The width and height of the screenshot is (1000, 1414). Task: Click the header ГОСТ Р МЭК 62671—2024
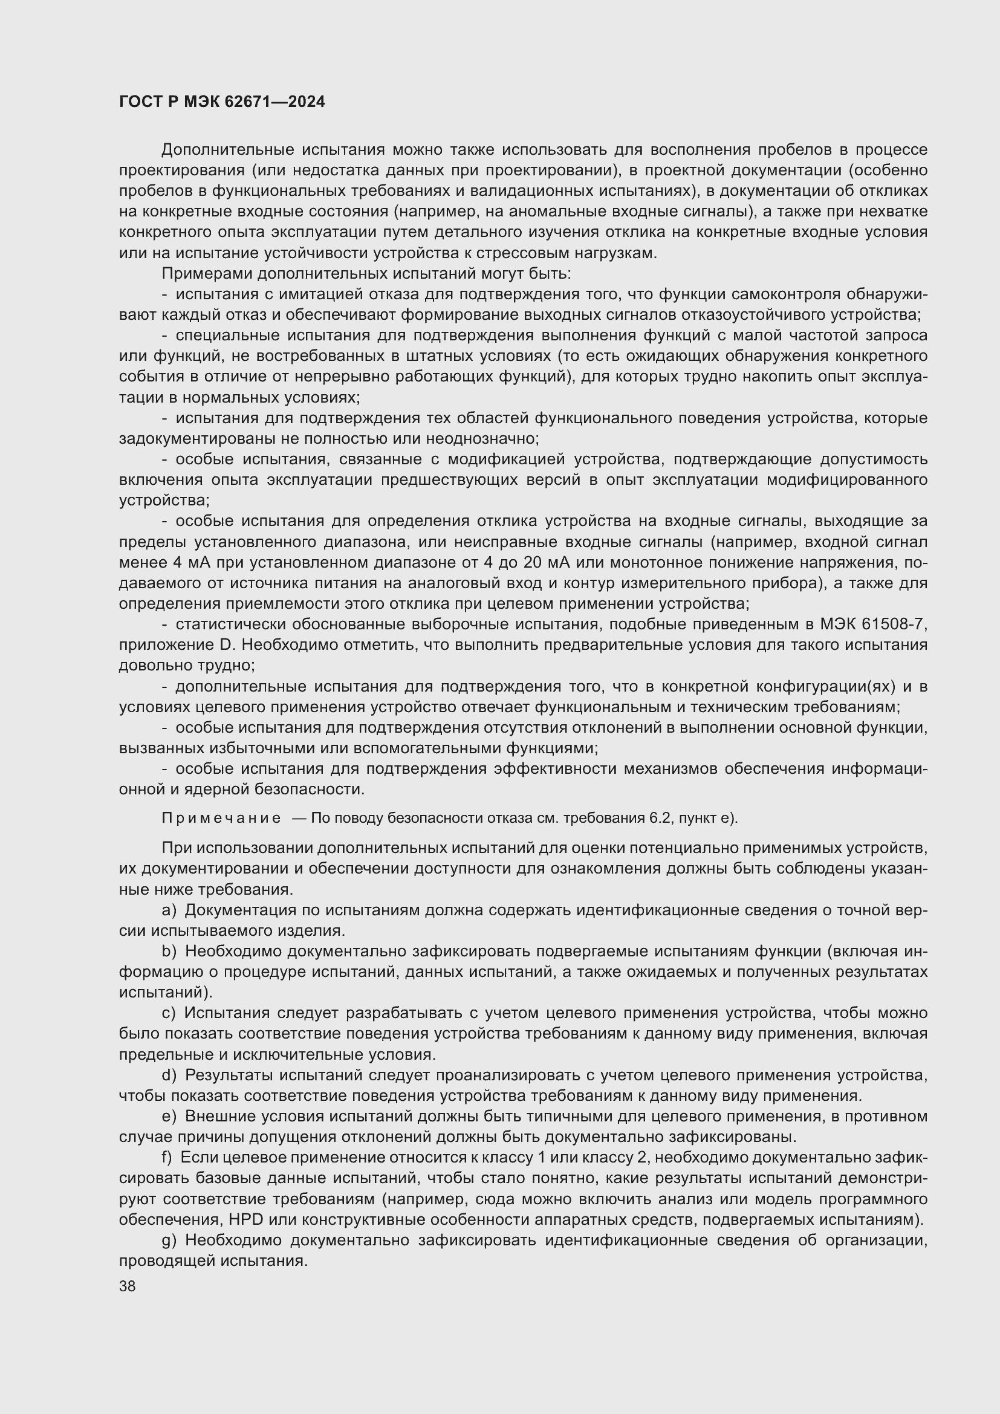(222, 102)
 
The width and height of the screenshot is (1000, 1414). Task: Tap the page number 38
(128, 1285)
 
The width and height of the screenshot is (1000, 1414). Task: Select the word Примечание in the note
(221, 818)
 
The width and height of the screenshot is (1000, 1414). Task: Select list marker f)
(167, 1158)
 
